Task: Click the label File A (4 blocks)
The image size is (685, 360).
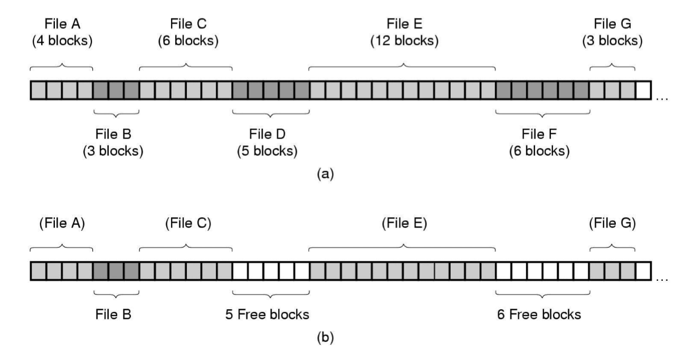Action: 62,32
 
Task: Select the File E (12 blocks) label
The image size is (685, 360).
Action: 404,32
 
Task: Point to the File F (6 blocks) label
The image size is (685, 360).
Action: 539,142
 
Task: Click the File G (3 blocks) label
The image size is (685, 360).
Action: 612,32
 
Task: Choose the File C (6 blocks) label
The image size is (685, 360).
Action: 188,32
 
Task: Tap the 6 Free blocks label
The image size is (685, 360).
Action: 539,315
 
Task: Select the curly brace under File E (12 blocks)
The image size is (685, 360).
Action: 402,67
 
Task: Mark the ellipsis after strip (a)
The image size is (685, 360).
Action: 662,98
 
